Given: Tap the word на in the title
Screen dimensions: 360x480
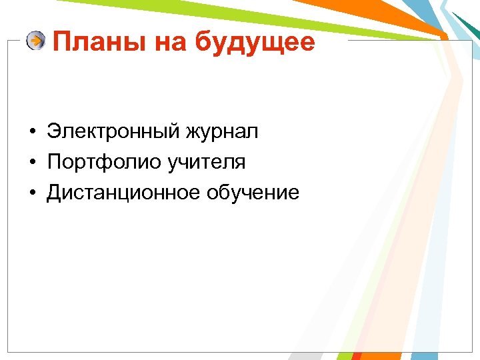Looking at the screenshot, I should (x=172, y=43).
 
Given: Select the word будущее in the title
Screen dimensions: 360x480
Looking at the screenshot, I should (x=255, y=43).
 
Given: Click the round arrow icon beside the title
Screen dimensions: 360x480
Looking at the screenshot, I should (x=36, y=41).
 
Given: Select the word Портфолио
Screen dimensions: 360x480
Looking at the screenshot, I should (x=97, y=162).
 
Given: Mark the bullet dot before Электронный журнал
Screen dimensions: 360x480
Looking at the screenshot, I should (x=32, y=132).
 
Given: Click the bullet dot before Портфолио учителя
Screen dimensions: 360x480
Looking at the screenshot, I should (x=32, y=163).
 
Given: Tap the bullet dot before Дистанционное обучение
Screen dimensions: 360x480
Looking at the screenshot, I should (x=32, y=193).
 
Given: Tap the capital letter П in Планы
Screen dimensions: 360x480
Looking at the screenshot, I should (x=61, y=43).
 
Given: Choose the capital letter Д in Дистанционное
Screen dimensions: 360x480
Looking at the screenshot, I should (x=53, y=193).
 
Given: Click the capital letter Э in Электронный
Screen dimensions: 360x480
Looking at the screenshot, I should (x=53, y=131).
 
